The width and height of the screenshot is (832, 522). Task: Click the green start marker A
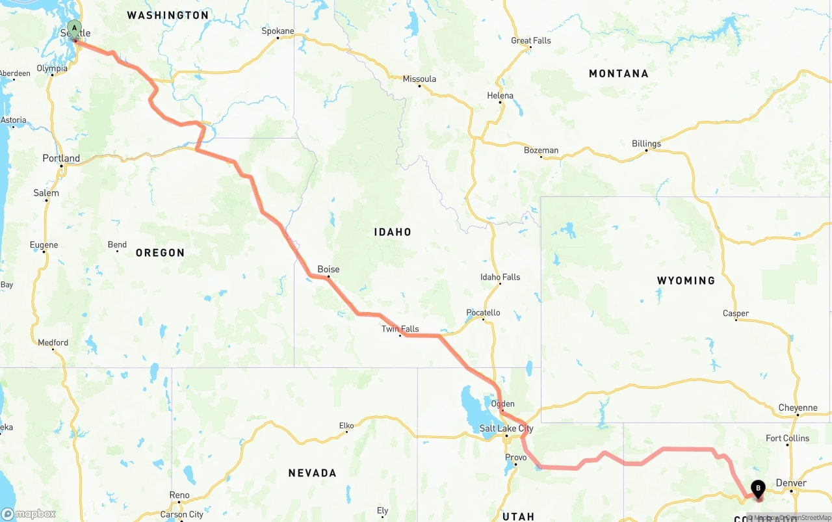click(x=75, y=29)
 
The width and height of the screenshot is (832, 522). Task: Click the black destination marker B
click(x=758, y=488)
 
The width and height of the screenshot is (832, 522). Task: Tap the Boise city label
click(x=328, y=269)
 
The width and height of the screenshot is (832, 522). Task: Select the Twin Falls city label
click(x=400, y=329)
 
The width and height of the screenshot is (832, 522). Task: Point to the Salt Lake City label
click(x=506, y=428)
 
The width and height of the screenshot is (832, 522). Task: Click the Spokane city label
click(x=278, y=31)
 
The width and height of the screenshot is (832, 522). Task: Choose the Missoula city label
click(x=419, y=79)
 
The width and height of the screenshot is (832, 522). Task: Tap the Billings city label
click(x=646, y=144)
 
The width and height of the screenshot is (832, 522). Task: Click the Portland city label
click(x=61, y=158)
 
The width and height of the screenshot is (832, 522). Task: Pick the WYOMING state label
click(x=686, y=281)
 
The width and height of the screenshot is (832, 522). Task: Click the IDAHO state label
click(x=392, y=232)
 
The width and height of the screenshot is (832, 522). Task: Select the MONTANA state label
click(x=618, y=74)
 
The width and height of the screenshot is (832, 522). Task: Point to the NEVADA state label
click(x=312, y=473)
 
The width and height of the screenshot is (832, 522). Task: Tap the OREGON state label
click(x=160, y=253)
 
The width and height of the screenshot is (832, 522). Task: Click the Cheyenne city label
click(x=798, y=408)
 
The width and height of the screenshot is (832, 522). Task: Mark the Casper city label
click(x=736, y=313)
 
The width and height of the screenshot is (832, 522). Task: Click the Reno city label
click(x=179, y=495)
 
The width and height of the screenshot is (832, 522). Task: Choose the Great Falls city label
click(x=530, y=40)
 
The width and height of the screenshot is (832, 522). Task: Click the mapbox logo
click(x=29, y=514)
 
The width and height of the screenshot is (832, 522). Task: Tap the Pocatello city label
click(x=483, y=313)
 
